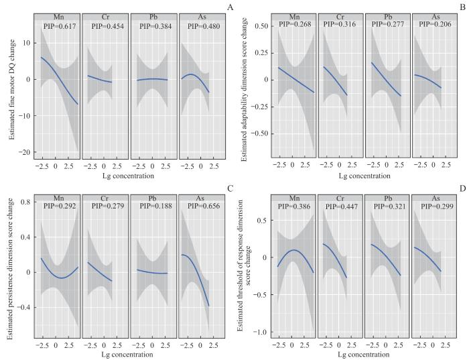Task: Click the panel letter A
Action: click(230, 7)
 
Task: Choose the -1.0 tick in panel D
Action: click(263, 333)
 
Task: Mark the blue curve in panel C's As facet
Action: click(199, 275)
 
